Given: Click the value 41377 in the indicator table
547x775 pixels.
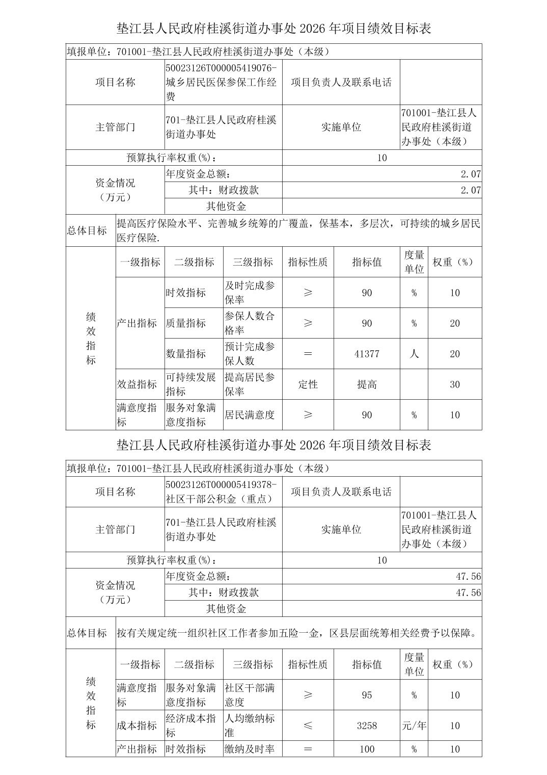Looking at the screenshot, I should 367,354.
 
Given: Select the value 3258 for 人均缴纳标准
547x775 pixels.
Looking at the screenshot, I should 367,726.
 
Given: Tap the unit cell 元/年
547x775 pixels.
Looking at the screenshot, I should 414,726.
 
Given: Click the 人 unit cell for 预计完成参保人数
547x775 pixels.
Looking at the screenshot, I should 414,354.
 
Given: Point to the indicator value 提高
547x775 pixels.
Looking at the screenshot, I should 367,384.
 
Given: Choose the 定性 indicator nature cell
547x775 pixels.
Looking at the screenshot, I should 308,384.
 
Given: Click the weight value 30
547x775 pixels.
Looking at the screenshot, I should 455,384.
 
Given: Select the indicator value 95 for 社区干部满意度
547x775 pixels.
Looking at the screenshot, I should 367,695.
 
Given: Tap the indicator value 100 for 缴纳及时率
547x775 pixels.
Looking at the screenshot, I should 367,749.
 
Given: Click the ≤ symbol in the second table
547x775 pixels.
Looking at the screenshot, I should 308,726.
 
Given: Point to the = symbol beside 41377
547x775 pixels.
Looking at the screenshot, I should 308,354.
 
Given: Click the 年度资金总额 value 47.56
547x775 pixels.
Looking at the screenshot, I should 468,577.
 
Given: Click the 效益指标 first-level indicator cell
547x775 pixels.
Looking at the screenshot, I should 137,384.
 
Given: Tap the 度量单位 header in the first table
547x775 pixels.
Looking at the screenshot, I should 414,262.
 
